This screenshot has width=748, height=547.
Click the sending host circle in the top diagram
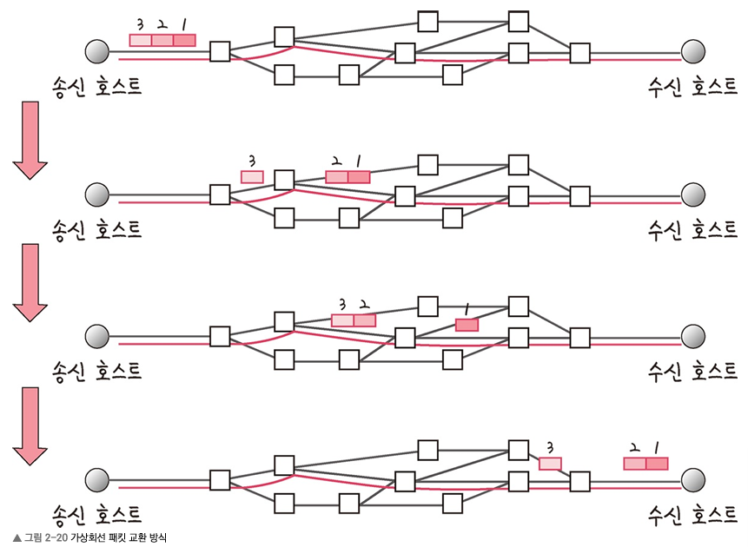[x=97, y=52]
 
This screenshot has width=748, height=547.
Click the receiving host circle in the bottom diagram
[x=692, y=479]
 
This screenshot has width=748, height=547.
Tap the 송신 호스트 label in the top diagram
[x=96, y=86]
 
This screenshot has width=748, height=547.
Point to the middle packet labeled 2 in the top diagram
[x=162, y=39]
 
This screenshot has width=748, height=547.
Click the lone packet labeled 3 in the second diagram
[x=252, y=176]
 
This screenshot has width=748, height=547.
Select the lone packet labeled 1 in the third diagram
[x=467, y=325]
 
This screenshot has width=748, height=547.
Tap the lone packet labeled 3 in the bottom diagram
[x=550, y=463]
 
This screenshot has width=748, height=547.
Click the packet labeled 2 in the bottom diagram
[x=635, y=463]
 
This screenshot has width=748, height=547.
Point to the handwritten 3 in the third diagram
[x=341, y=304]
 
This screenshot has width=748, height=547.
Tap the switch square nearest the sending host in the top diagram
[x=220, y=52]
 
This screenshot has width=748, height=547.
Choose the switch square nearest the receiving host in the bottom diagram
[x=579, y=479]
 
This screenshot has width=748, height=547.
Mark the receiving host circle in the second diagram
[x=692, y=194]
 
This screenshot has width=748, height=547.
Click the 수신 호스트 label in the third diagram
[x=692, y=372]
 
